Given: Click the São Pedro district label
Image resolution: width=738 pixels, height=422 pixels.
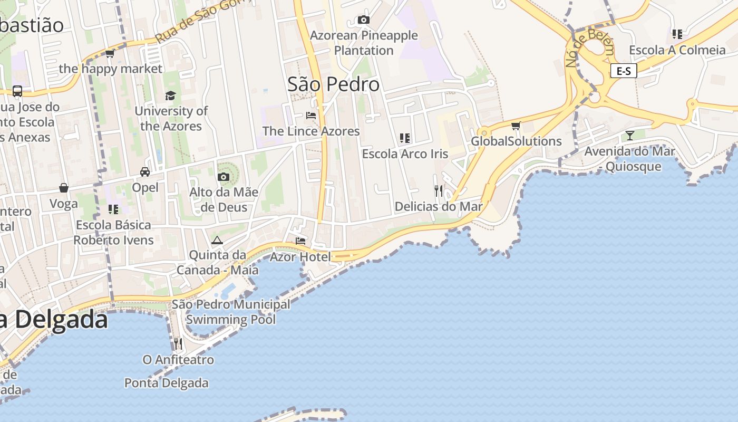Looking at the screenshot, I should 333,84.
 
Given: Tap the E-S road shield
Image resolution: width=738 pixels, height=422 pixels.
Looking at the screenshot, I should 624,71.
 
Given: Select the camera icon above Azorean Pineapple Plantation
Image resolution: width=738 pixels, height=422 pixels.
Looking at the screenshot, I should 363,20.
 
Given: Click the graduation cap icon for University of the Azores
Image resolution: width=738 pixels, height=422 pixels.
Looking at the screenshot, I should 170,95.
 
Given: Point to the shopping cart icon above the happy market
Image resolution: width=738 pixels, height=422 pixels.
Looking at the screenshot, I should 110,53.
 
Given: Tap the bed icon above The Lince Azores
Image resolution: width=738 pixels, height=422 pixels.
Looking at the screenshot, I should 311,116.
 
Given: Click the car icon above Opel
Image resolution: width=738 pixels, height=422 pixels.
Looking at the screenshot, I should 145,172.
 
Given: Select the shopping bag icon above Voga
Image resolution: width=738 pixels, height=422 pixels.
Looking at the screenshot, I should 64,188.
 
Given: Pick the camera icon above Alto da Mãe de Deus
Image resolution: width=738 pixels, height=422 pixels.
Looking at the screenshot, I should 224,177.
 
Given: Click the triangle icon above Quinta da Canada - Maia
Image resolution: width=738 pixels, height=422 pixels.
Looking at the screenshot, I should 217,240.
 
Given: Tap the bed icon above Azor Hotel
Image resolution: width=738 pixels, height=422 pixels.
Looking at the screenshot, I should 300,241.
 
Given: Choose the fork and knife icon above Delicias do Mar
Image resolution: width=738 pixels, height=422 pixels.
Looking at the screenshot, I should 439,190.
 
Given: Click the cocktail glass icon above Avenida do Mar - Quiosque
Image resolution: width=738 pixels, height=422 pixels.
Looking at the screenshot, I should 629,136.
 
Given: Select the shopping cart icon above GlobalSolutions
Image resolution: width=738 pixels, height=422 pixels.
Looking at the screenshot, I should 516,126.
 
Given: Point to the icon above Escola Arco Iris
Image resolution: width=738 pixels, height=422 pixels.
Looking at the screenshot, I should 405,138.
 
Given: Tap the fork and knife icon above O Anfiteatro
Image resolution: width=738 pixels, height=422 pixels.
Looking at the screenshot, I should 178,344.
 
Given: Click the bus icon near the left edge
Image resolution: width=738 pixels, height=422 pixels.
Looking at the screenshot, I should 17,91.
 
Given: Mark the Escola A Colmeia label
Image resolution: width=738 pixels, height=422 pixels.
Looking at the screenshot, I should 677,50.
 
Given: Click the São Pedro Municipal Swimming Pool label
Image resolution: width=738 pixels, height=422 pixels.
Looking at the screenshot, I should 231,312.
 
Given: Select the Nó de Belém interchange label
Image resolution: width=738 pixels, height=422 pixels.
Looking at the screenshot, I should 589,47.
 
